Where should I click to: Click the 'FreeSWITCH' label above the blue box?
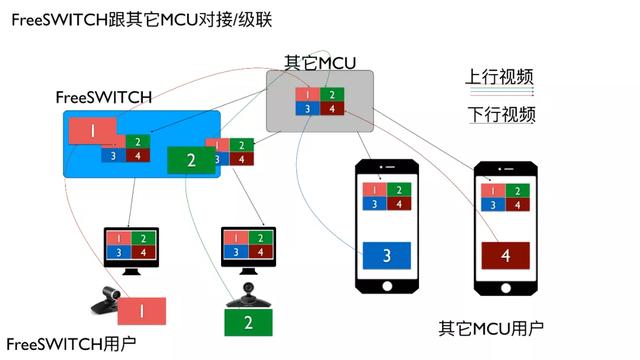point(103,98)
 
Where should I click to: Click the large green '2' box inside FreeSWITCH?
point(193,160)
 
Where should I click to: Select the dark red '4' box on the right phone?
point(505,257)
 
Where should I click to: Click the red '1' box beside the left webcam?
point(141,311)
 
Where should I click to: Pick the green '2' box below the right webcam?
point(249,322)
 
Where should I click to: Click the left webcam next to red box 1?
point(105,297)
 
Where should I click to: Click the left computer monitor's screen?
point(131,245)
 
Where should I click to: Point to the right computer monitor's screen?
point(247,245)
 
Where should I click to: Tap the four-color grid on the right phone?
point(505,195)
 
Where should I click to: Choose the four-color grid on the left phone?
point(387,196)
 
